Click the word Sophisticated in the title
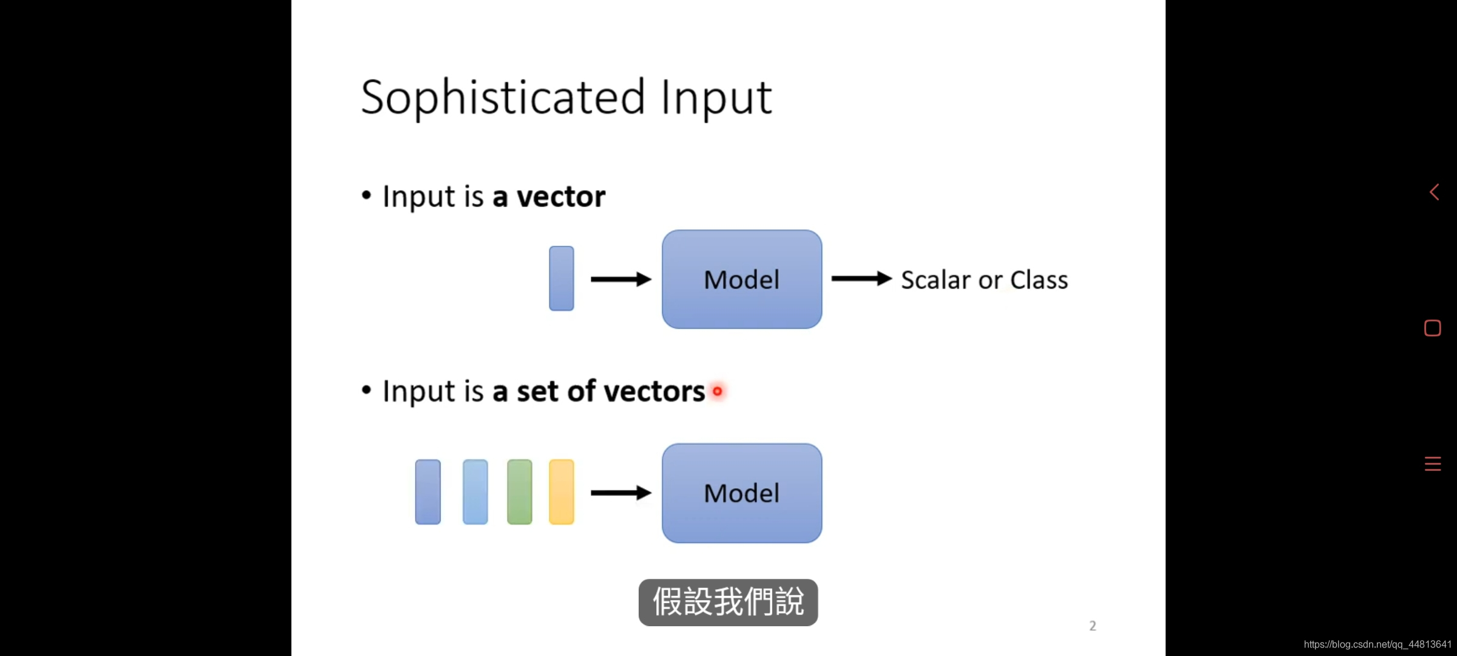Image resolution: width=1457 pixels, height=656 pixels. point(503,97)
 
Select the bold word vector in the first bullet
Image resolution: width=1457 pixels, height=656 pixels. point(561,197)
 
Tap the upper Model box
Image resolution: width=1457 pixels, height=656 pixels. point(742,279)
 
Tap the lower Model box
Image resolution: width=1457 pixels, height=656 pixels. point(742,493)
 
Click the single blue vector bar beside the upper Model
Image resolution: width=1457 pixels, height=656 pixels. point(562,278)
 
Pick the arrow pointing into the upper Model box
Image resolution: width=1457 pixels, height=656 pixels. point(620,279)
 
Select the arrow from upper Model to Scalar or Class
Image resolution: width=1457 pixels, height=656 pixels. point(861,279)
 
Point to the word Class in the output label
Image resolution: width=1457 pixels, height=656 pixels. point(1039,280)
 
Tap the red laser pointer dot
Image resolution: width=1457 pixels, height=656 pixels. point(718,391)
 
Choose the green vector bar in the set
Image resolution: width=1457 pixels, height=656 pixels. point(520,492)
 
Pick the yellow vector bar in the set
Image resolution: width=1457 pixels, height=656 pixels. point(562,492)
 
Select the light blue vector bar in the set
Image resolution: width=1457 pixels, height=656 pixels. point(475,492)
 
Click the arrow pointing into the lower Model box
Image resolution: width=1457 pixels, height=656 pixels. point(620,493)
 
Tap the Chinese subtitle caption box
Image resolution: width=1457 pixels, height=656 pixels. point(728,602)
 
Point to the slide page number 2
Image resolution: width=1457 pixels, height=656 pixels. point(1093,626)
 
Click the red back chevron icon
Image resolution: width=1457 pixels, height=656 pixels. point(1434,193)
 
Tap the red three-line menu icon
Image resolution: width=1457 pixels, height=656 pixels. point(1433,464)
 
